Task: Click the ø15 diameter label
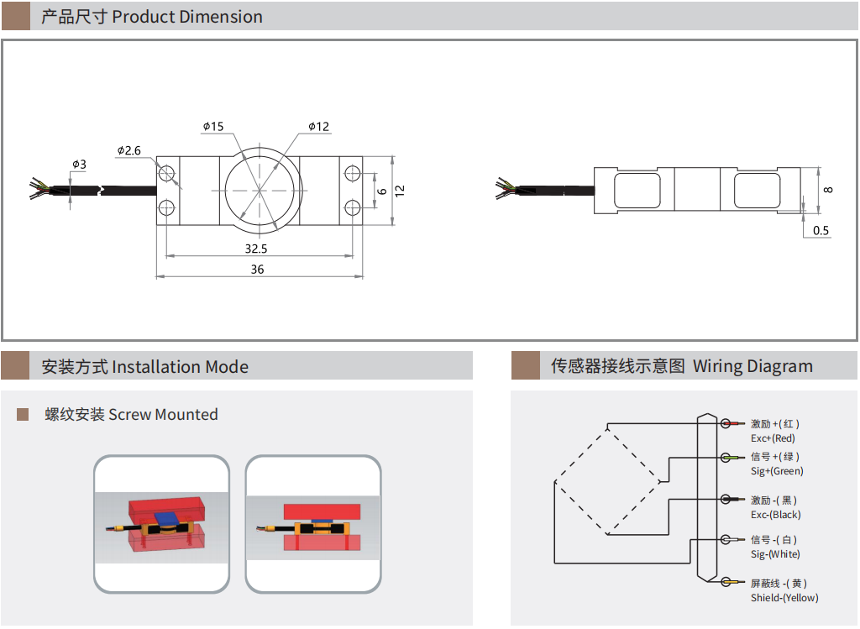[213, 127]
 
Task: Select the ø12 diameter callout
[318, 127]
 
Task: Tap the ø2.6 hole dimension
[128, 150]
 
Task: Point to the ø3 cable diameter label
[79, 164]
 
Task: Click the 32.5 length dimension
[256, 249]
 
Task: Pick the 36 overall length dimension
[257, 270]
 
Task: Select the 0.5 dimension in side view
[821, 230]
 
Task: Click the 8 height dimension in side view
[828, 190]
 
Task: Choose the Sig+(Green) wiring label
[777, 471]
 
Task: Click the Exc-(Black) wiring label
[775, 515]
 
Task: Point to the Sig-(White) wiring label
[775, 554]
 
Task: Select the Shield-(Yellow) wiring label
[784, 598]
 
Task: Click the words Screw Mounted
[163, 414]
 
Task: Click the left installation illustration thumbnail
[160, 524]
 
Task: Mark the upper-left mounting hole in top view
[167, 174]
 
